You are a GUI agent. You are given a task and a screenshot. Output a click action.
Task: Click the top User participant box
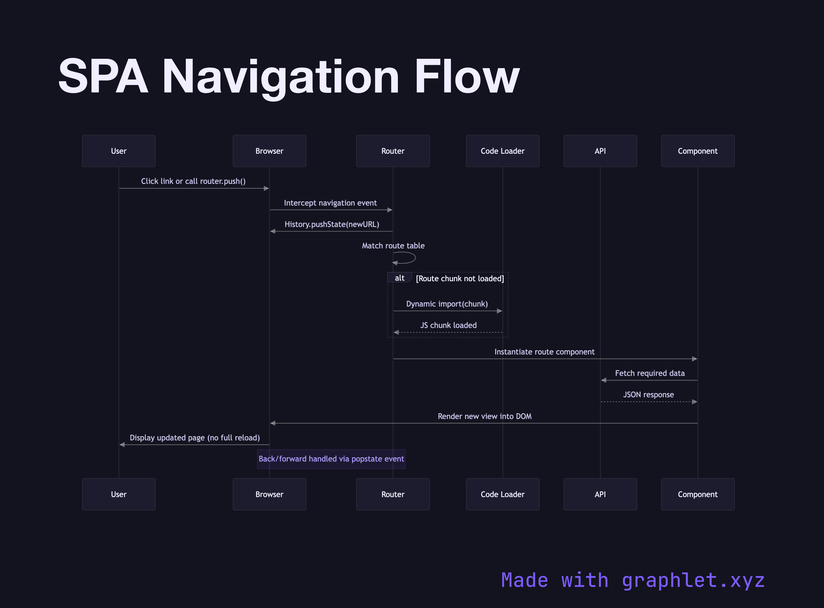[118, 151]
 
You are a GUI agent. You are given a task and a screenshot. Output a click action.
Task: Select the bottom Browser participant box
[269, 494]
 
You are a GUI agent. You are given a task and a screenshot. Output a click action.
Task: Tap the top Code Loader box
[502, 151]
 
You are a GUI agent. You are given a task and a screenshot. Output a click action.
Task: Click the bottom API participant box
[600, 494]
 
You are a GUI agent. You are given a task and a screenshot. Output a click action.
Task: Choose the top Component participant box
[698, 151]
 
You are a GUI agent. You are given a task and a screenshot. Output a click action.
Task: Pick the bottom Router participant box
[393, 494]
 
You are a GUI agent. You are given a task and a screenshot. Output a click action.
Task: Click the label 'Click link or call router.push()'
[193, 181]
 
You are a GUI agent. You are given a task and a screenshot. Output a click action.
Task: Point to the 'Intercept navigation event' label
[330, 203]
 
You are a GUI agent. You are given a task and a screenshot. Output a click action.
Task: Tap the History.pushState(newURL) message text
[332, 224]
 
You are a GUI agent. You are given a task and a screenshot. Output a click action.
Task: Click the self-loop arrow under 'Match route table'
[408, 258]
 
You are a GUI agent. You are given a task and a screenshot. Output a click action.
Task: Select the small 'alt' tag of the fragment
[399, 278]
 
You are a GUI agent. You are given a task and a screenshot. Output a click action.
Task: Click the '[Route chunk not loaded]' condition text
[460, 279]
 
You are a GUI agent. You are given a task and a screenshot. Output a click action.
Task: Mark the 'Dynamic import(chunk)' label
[447, 304]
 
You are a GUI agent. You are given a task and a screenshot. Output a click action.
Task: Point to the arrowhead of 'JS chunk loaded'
[396, 332]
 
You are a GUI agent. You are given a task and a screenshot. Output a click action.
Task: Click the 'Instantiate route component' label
[544, 352]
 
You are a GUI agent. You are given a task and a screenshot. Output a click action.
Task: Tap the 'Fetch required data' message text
[649, 373]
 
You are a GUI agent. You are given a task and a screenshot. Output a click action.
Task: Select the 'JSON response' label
[648, 395]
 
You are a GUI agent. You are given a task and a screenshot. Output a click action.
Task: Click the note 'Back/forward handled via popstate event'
[331, 458]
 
